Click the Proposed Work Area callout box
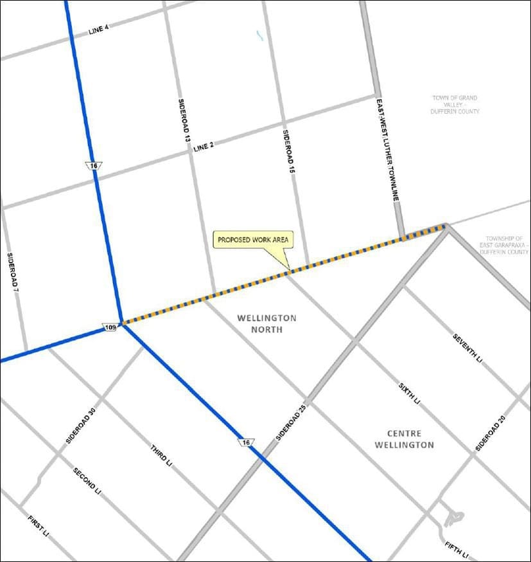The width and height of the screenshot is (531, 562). coord(254,240)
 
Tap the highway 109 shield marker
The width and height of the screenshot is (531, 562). coord(110,328)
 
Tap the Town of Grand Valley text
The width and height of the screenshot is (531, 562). coord(455,104)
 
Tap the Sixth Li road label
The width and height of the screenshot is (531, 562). coord(409,392)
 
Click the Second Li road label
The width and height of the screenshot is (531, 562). coord(87,479)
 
